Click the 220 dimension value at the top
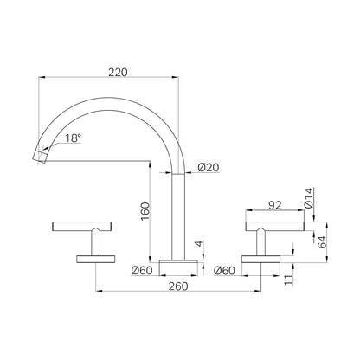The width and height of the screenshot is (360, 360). pyautogui.click(x=118, y=72)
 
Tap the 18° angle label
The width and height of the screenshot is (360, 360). pyautogui.click(x=73, y=138)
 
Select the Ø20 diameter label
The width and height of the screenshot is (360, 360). pyautogui.click(x=209, y=167)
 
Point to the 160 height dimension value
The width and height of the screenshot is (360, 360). pyautogui.click(x=145, y=211)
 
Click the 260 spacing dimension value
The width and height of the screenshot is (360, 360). pyautogui.click(x=178, y=286)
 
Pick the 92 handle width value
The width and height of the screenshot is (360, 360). pyautogui.click(x=274, y=205)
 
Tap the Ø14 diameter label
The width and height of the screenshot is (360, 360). pyautogui.click(x=308, y=198)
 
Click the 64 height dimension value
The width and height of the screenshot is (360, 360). pyautogui.click(x=321, y=241)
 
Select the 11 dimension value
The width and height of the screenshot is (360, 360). pyautogui.click(x=288, y=280)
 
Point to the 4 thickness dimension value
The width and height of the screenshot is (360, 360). pyautogui.click(x=199, y=244)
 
